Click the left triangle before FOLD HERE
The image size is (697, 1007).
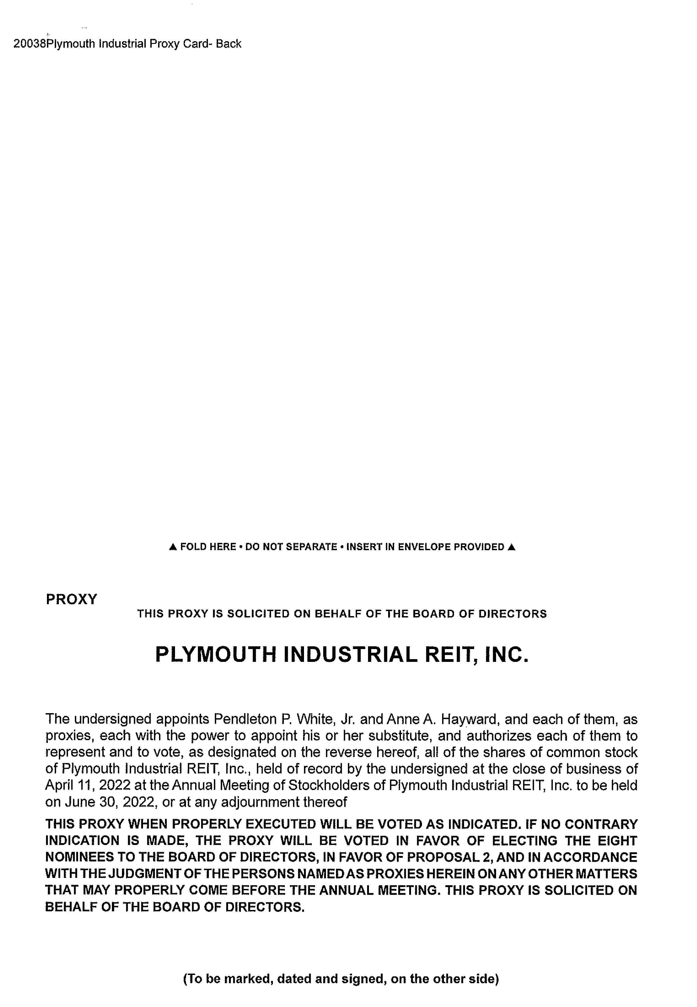pyautogui.click(x=173, y=547)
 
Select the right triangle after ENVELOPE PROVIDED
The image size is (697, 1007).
pyautogui.click(x=512, y=547)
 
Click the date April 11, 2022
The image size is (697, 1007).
pyautogui.click(x=88, y=785)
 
